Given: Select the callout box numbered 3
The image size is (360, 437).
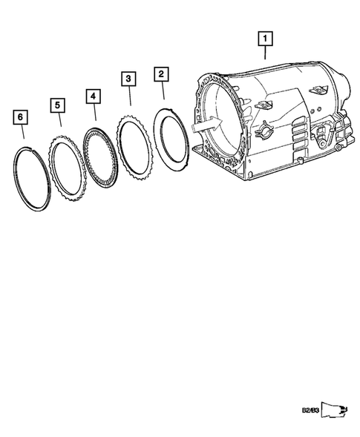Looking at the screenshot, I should [128, 79].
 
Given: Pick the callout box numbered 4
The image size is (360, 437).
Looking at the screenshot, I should [92, 96].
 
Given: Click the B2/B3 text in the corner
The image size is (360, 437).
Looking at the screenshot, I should [310, 410].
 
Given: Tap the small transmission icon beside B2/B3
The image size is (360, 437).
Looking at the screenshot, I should [335, 410].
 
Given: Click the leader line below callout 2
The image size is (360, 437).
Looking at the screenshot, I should [163, 91].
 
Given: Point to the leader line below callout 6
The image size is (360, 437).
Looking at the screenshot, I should [23, 133].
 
